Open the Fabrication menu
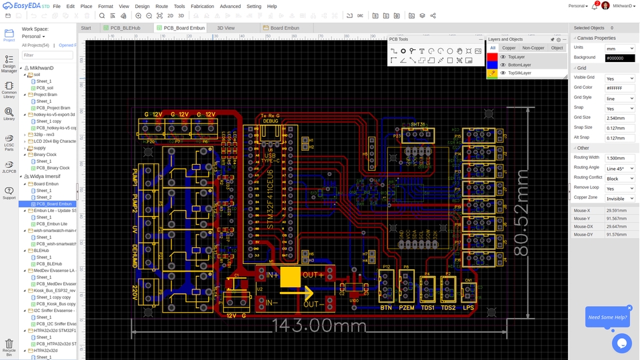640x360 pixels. tap(202, 6)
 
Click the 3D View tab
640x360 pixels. tap(225, 28)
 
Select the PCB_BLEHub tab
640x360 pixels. tap(125, 28)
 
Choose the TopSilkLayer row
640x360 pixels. tap(519, 73)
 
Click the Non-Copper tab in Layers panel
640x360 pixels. tap(533, 48)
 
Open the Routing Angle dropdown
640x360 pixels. tap(619, 169)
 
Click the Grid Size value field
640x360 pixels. tap(619, 117)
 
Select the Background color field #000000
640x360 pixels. tap(619, 58)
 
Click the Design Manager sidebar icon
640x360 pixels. tap(9, 63)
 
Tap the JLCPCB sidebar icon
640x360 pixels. tap(9, 167)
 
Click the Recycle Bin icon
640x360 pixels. tap(9, 346)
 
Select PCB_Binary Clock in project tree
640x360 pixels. tap(53, 168)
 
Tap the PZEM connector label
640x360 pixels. tap(406, 308)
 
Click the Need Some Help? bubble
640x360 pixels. tap(607, 317)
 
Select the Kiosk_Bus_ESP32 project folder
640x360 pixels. tap(54, 291)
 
